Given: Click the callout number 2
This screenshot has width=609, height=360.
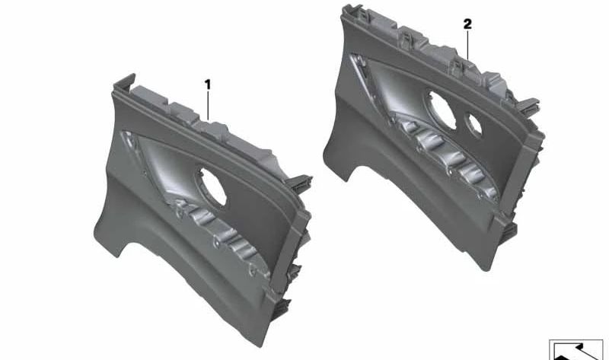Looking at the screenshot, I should point(467,24).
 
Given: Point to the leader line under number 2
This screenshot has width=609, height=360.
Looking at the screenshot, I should point(467,45).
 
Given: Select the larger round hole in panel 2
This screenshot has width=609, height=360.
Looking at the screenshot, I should point(439,105).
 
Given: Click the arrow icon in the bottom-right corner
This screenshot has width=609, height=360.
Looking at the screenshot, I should point(576,350).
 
